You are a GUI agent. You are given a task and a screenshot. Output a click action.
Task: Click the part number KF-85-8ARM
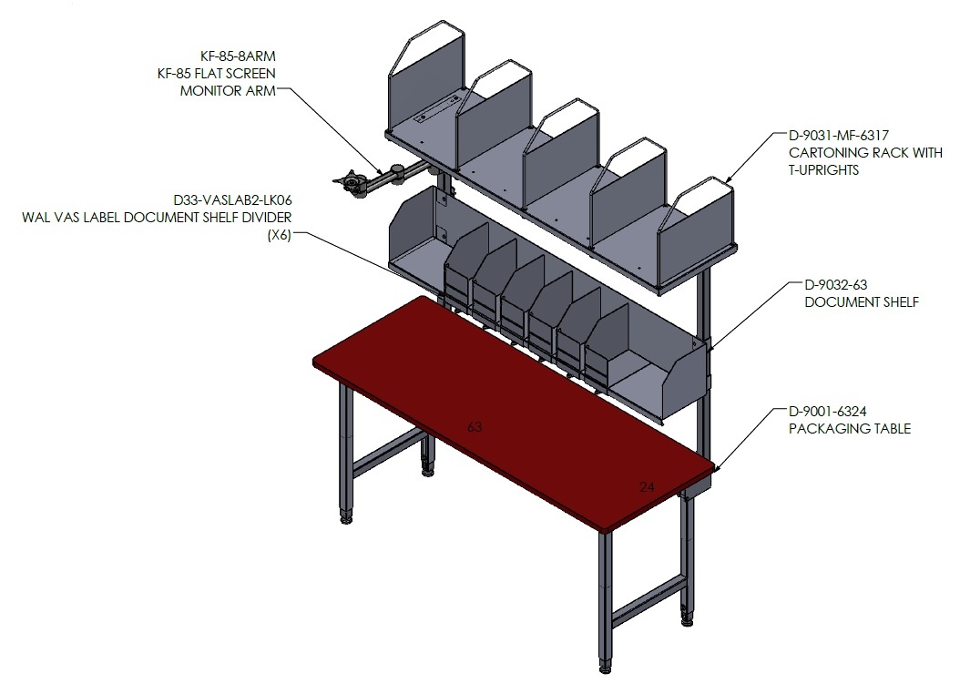coord(238,56)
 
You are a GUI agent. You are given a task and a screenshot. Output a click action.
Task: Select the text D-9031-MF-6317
coord(838,136)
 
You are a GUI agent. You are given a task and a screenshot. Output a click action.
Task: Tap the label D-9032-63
coord(836,284)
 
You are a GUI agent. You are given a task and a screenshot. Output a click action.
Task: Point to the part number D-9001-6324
coord(827,412)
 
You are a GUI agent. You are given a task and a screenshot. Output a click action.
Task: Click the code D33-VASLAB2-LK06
coord(232,200)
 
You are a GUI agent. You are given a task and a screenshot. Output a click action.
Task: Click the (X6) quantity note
coord(280,235)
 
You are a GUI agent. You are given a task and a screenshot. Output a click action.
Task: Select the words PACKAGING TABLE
coord(849,428)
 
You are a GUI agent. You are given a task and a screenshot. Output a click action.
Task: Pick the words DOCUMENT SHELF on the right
coord(862,301)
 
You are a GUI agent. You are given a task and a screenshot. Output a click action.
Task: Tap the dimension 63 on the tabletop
coord(475,426)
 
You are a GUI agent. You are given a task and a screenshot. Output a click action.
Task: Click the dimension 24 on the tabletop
coord(647,486)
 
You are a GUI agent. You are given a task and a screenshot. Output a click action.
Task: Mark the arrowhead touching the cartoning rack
coord(728,179)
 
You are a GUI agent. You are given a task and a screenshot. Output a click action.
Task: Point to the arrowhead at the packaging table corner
coord(716,468)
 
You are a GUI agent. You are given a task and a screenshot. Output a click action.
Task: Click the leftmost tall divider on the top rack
coord(427,75)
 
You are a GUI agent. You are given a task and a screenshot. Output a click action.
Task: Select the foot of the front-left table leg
coord(346,519)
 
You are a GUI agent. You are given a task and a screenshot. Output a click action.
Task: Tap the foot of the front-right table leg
coord(605,668)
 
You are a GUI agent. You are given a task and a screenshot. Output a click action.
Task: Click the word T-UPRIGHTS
coord(823,169)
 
